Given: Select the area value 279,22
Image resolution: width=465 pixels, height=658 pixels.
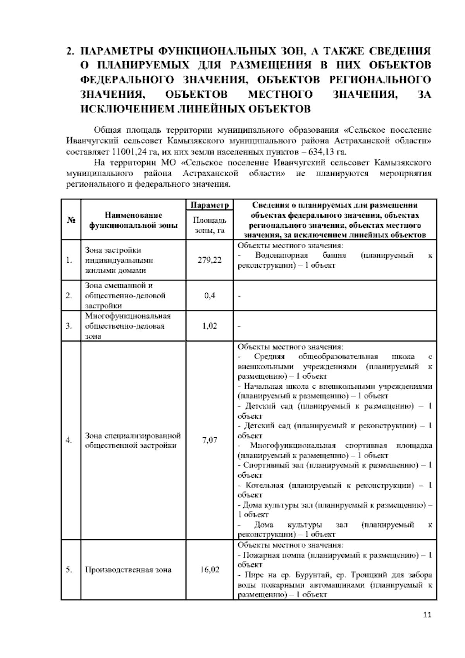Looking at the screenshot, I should (x=210, y=260).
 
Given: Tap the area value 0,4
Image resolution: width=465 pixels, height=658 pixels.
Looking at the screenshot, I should (x=210, y=296).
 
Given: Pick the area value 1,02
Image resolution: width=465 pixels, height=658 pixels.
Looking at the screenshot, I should (x=210, y=326).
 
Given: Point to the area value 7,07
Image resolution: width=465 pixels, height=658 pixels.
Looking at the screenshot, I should (x=210, y=440).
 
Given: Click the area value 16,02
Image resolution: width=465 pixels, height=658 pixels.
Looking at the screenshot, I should (x=210, y=570).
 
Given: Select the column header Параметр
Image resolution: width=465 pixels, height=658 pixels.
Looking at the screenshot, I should (x=210, y=204).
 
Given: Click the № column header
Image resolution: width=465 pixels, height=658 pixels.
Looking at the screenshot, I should (x=71, y=220).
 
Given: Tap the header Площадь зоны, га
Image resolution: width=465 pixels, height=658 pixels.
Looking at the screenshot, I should (x=210, y=225).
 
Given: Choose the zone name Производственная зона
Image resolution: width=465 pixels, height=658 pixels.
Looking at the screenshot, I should (x=128, y=570).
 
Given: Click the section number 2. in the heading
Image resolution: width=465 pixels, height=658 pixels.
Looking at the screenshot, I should (x=70, y=51).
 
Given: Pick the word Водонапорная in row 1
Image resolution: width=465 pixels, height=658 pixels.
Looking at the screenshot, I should (x=281, y=255).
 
